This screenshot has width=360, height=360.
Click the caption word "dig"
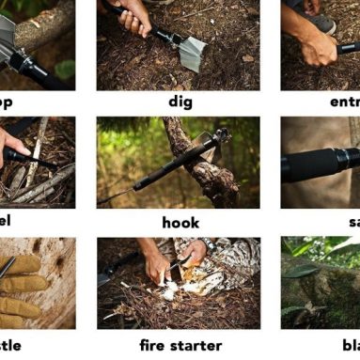[180, 102]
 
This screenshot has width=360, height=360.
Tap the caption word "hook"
[180, 223]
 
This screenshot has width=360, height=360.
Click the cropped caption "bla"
[350, 345]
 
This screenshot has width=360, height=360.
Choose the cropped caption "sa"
[352, 223]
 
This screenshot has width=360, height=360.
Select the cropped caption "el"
[7, 223]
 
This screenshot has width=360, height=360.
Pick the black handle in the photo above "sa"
[324, 164]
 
